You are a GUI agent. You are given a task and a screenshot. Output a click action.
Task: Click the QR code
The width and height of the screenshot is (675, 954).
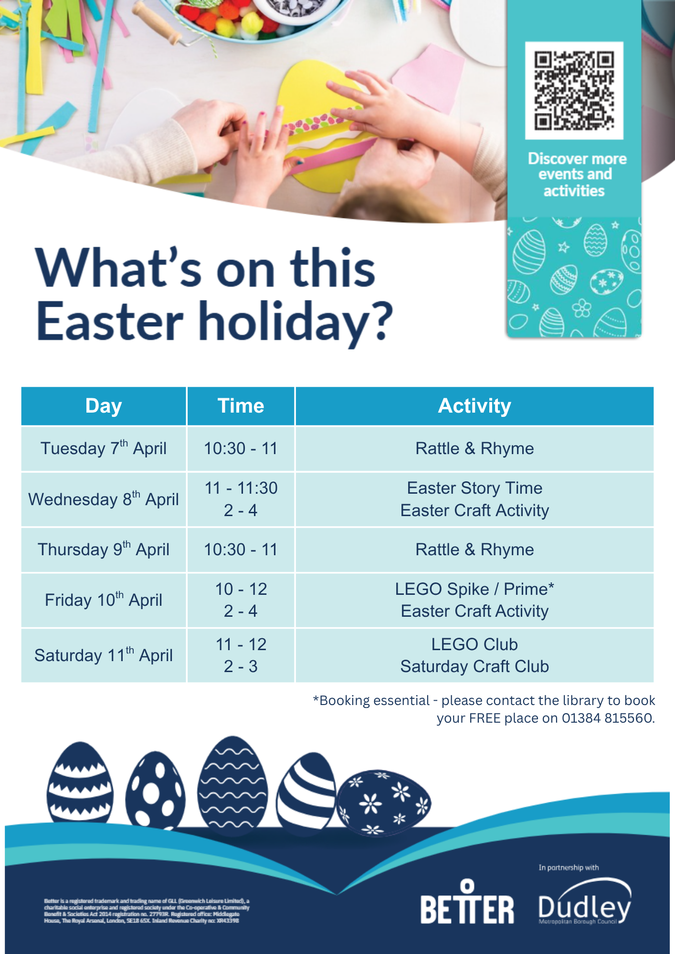[x=574, y=91]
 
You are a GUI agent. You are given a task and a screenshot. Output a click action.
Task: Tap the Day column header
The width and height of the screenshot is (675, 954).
[x=104, y=406]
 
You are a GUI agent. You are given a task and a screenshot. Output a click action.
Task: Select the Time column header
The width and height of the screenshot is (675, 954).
[x=241, y=406]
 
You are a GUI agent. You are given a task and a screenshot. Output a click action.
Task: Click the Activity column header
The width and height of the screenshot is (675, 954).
[x=475, y=406]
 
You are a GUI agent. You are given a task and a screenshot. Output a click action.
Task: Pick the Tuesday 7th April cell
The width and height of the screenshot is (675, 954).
[x=104, y=448]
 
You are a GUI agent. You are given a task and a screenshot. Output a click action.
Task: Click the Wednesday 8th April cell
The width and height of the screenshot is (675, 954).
[x=104, y=499]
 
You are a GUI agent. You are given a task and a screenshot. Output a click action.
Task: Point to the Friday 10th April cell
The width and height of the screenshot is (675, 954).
[x=104, y=600]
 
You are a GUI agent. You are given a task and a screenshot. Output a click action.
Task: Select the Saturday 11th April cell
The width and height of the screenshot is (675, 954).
[x=104, y=655]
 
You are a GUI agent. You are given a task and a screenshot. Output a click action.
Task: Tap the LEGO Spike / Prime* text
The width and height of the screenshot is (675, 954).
[x=475, y=589]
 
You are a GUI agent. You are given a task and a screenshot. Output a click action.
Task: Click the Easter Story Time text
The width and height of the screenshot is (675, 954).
[x=475, y=488]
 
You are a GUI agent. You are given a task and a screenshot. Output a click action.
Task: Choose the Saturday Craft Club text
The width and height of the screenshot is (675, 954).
[x=475, y=666]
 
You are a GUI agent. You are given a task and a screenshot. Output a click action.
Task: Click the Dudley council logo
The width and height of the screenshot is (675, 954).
[x=584, y=902]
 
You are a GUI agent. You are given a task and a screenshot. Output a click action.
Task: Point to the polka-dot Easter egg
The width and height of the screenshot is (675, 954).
[x=155, y=789]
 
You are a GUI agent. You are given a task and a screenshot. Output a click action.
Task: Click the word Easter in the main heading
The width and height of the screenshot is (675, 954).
[x=110, y=321]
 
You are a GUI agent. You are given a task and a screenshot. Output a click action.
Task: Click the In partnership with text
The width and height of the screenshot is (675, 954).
[x=569, y=868]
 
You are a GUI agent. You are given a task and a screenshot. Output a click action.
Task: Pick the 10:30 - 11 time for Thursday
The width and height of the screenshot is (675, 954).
[x=241, y=550]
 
